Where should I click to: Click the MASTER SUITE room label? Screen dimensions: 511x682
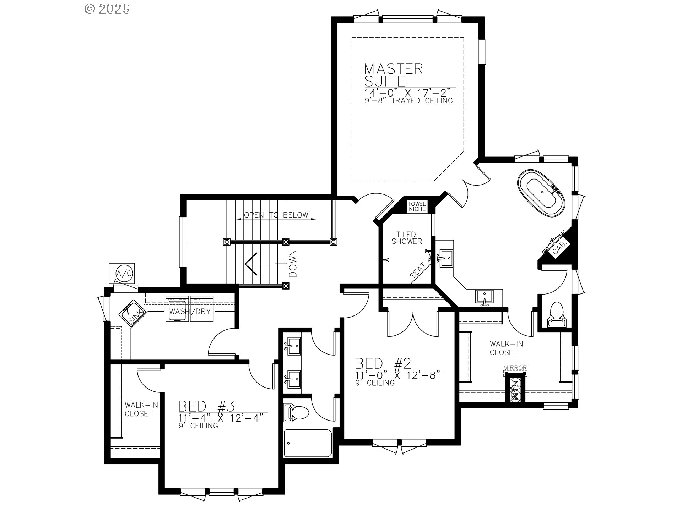393,75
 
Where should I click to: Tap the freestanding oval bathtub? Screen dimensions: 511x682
541,193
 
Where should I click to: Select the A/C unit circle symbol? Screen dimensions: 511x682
124,273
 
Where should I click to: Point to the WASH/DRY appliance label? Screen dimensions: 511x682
190,312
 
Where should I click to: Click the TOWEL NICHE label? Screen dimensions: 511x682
417,207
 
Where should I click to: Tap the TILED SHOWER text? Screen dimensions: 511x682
407,238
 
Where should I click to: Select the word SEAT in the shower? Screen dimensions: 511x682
418,270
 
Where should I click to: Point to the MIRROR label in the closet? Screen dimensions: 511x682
515,368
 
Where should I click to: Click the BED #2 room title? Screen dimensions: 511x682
383,363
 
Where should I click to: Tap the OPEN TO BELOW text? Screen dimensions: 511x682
276,215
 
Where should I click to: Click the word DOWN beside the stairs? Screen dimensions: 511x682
293,264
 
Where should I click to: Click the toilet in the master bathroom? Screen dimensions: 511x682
556,314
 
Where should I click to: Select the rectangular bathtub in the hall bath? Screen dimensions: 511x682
308,444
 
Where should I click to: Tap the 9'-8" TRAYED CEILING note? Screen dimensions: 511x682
408,101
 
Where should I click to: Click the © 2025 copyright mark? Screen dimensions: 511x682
107,9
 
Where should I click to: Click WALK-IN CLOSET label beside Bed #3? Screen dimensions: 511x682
139,409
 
